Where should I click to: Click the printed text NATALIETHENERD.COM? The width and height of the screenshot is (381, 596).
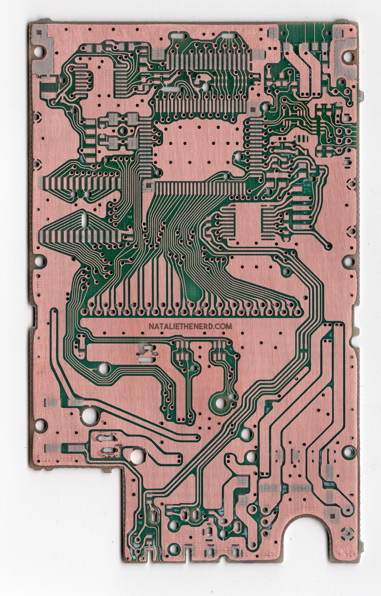pos(190,326)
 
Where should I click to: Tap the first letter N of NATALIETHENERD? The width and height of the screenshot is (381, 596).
pos(151,326)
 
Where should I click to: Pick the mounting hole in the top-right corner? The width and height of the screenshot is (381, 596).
pos(348,57)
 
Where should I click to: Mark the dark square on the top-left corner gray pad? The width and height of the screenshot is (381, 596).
pos(39,32)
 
